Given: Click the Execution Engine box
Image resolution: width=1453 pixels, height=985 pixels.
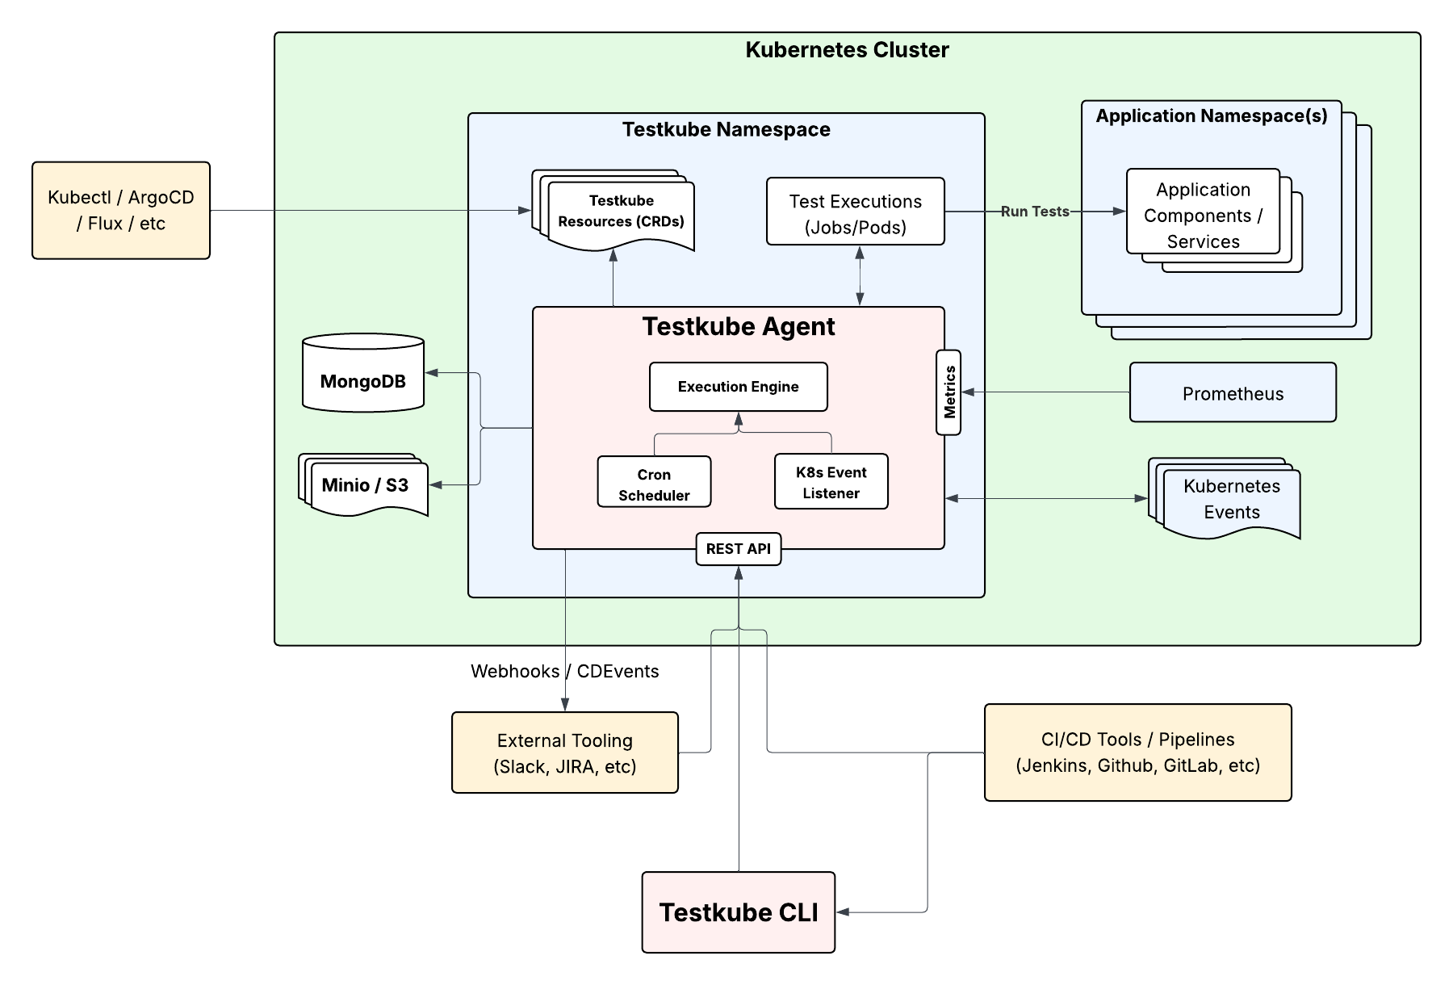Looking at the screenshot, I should coord(738,387).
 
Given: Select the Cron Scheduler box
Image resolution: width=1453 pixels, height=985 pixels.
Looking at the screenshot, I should coord(654,482).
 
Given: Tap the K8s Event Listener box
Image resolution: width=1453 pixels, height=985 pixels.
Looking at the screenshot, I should coord(831,482).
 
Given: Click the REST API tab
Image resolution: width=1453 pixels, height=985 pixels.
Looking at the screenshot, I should coord(738,549).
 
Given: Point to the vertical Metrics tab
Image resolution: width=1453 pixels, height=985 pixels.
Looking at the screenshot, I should coord(948,392).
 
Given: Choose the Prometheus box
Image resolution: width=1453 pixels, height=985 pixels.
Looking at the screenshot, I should coord(1233,393).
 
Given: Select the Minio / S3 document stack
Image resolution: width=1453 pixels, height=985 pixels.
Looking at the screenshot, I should coord(366,485).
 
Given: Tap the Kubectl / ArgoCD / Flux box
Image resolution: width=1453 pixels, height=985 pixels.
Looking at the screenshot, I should coord(121,211).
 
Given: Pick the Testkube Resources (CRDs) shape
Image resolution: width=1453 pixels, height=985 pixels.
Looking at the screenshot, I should coord(620,212).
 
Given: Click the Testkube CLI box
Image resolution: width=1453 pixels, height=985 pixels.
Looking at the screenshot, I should coord(738,912).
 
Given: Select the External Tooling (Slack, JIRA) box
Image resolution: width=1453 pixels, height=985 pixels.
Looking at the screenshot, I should coord(564,752).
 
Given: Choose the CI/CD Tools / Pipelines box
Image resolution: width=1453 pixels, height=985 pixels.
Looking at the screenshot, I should coord(1137,752).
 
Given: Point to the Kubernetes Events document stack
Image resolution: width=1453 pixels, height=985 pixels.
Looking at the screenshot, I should coord(1230,500).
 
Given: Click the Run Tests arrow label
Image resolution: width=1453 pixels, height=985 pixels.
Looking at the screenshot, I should coord(1035,212).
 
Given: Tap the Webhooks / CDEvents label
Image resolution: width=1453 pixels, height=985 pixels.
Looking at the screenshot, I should coord(564,672).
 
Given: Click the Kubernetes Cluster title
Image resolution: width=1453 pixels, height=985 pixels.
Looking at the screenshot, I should coord(847,50).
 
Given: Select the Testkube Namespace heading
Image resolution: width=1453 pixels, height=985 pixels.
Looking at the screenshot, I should coord(726,130).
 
